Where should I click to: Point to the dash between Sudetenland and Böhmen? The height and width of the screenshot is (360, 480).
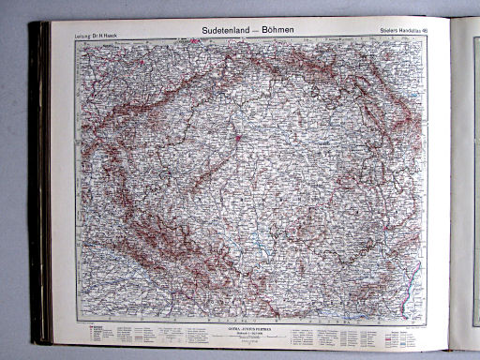tap(256, 30)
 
